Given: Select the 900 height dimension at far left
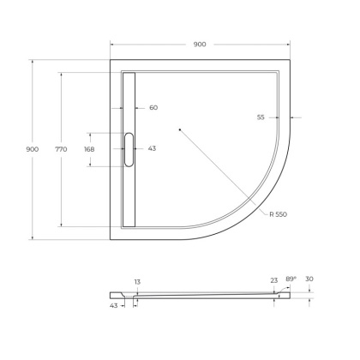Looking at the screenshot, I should coord(33,149).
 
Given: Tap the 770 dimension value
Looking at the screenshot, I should coord(61,149).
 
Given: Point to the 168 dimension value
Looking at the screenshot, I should coord(89,149).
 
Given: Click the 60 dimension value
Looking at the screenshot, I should coord(153,108).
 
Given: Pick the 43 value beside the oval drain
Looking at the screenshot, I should coord(152,149).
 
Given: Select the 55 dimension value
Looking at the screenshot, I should coord(260,117).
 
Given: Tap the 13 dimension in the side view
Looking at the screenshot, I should coord(137,281).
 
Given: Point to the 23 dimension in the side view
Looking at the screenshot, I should coord(273,279).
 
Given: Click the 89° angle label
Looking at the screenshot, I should coord(291,279).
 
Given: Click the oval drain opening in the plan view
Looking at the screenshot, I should coord(129,149).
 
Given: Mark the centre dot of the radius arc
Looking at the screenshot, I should coord(179,129).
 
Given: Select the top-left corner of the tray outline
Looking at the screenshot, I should coord(112,59).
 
